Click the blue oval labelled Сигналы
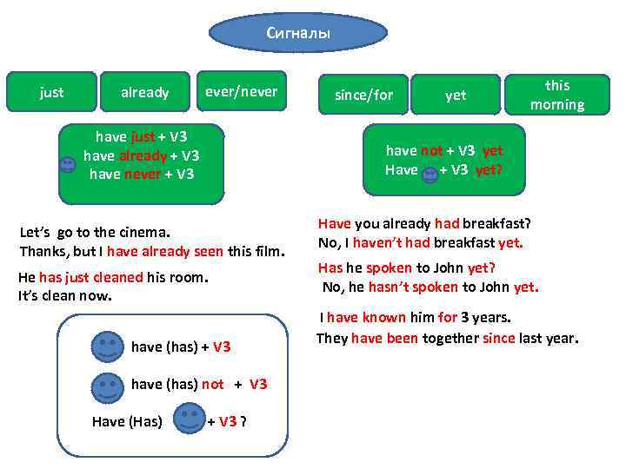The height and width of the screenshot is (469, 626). coord(298,33)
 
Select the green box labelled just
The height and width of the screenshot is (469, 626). coord(51,92)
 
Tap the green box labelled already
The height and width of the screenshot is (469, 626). coord(144,92)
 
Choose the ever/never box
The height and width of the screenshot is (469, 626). coord(241,91)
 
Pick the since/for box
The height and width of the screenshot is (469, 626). coord(363,95)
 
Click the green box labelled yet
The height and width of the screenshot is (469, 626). coord(456,95)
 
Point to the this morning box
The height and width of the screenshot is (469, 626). coord(557,95)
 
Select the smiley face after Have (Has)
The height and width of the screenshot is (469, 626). coord(190,421)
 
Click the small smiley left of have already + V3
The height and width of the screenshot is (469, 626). coord(67,166)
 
